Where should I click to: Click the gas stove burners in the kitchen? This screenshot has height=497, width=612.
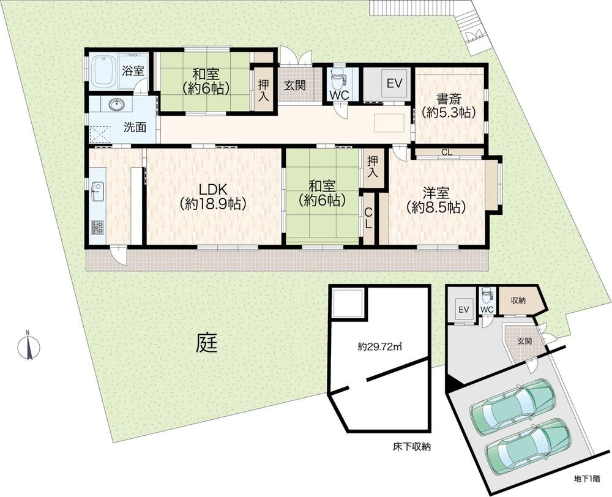point(98,227)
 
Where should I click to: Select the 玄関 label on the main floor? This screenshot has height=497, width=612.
point(294,85)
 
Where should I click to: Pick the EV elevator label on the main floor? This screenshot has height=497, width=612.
point(394,83)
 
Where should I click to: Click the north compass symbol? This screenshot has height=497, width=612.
point(29,346)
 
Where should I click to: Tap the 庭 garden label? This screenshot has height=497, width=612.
point(206,343)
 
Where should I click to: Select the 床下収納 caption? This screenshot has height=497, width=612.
point(411,447)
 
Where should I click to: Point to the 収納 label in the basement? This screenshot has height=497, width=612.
point(518,301)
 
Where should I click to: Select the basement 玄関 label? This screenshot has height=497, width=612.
point(524,341)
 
